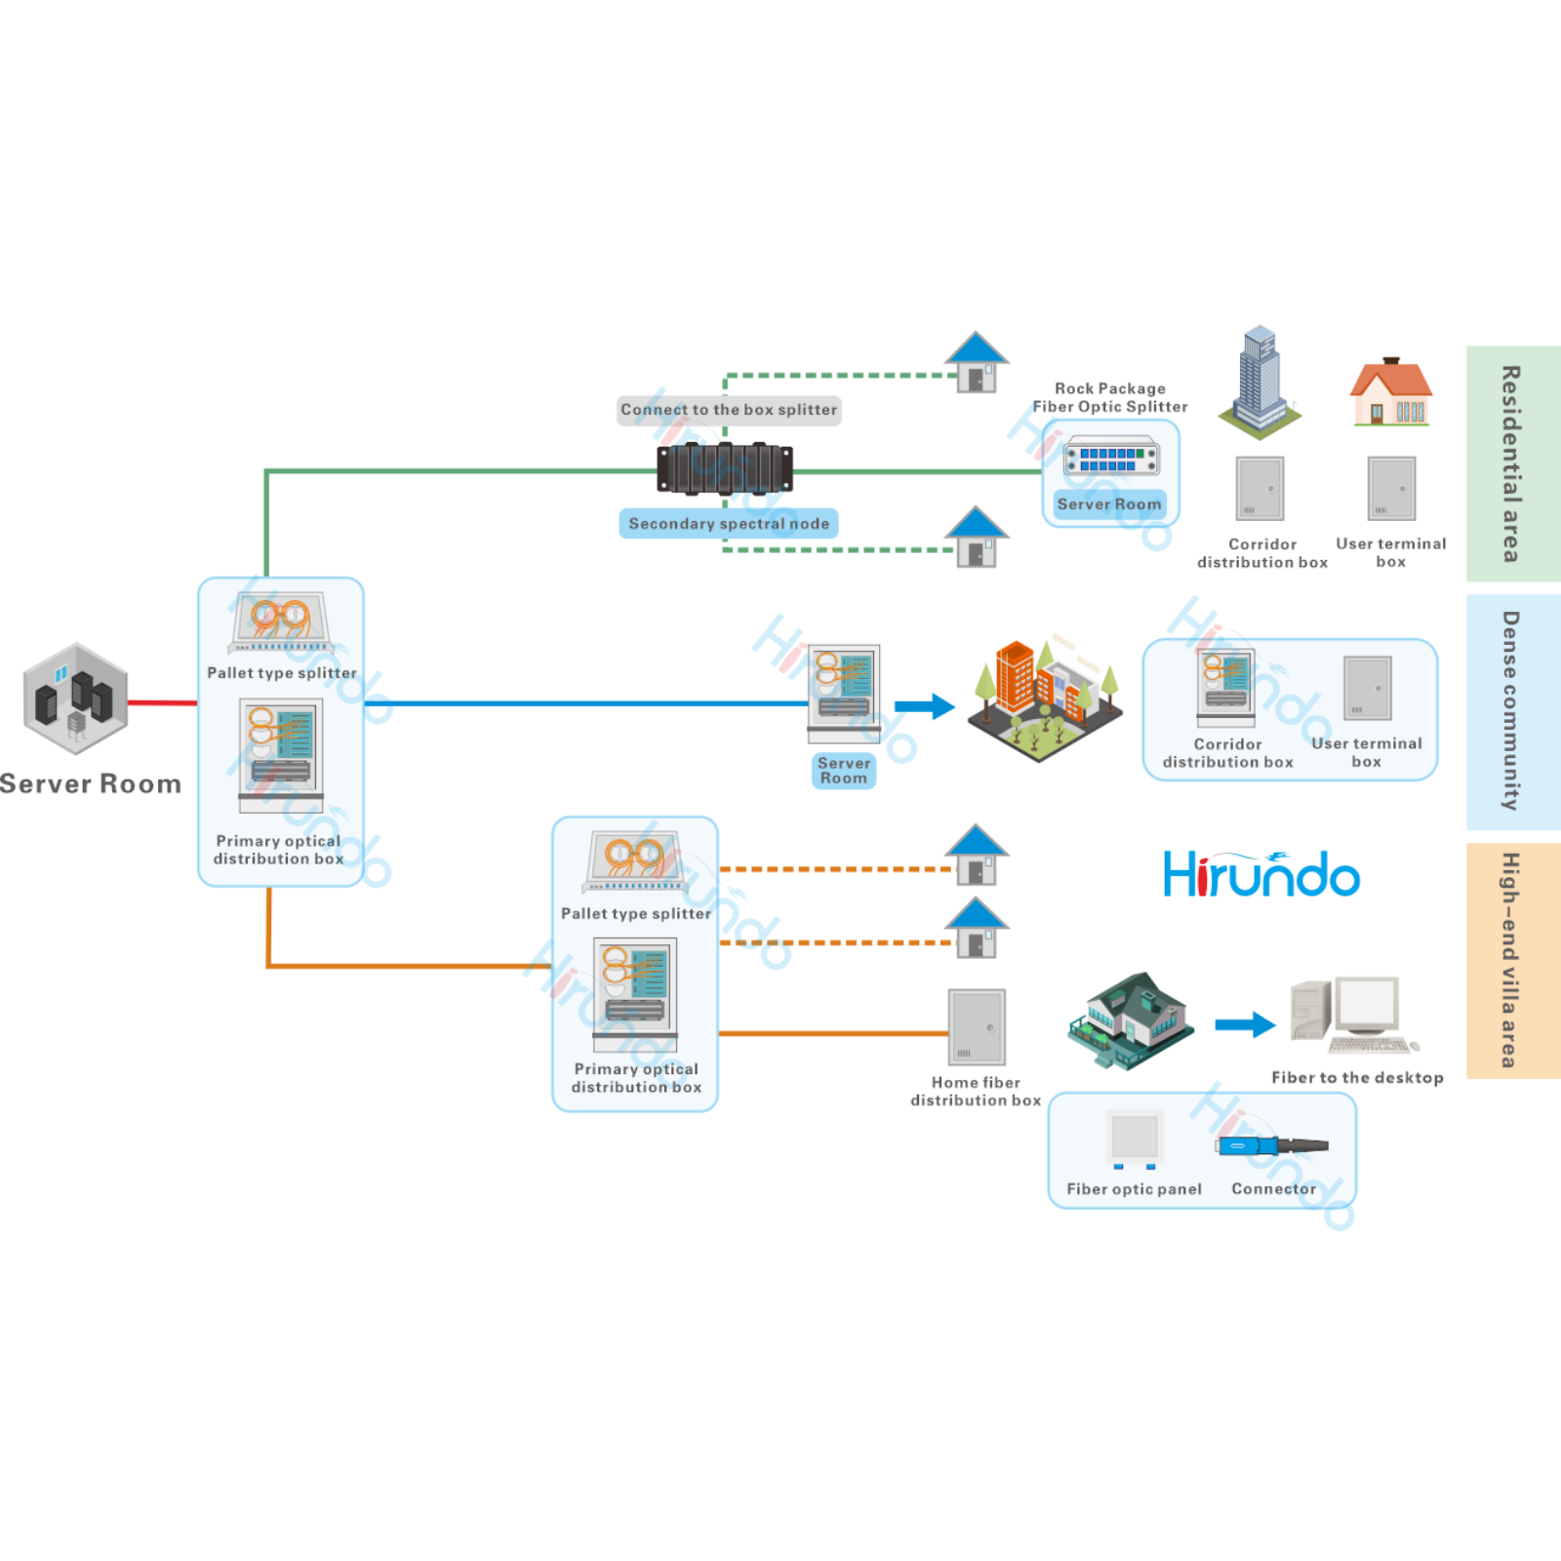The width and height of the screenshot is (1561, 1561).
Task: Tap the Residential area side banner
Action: (x=1512, y=463)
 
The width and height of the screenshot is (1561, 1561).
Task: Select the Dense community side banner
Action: (x=1512, y=711)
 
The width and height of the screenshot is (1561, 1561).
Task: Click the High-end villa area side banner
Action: (x=1512, y=960)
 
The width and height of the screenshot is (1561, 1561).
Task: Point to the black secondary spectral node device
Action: (x=725, y=468)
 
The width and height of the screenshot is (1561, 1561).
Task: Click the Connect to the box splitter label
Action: (x=729, y=410)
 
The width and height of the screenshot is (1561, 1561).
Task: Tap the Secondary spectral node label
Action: (x=729, y=524)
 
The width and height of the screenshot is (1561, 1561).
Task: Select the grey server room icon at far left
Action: (x=75, y=699)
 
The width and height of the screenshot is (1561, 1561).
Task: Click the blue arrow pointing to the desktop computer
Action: (x=1245, y=1024)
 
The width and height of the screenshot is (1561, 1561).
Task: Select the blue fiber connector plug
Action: (x=1271, y=1145)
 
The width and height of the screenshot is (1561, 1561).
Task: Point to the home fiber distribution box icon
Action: (x=977, y=1027)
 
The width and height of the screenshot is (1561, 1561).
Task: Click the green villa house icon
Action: (x=1130, y=1021)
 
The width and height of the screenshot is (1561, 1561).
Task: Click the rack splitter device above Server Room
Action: (x=1111, y=459)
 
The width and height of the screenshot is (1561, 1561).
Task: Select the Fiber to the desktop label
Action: (x=1357, y=1078)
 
